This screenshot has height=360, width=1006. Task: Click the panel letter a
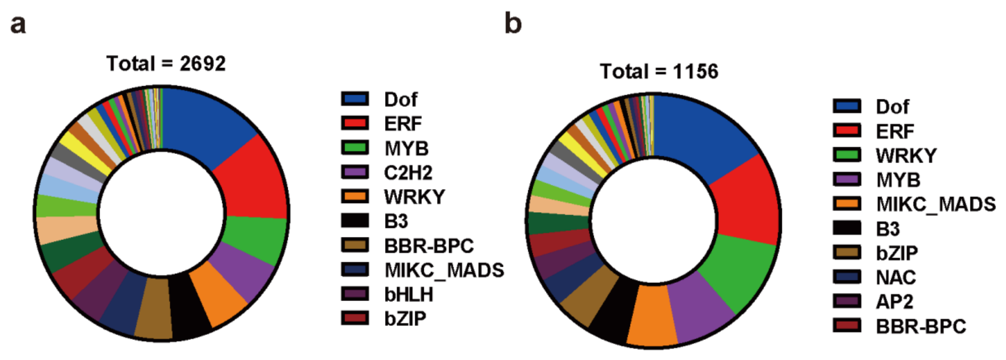point(18,24)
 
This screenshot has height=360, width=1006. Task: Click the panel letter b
point(513,23)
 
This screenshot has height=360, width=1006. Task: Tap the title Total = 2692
point(166,64)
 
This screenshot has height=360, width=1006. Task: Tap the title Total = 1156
point(659,71)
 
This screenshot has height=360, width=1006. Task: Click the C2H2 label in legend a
point(408,173)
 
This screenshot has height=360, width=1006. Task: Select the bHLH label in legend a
point(408,294)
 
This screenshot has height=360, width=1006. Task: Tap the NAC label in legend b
point(896,277)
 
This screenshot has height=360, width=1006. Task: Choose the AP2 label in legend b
point(894,302)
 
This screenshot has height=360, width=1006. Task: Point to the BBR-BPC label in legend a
point(429,246)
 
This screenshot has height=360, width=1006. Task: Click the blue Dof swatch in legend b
point(847,106)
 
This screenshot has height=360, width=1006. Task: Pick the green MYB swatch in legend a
point(355,147)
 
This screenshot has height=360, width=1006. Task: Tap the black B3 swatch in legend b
point(847,228)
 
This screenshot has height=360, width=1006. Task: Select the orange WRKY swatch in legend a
point(355,196)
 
